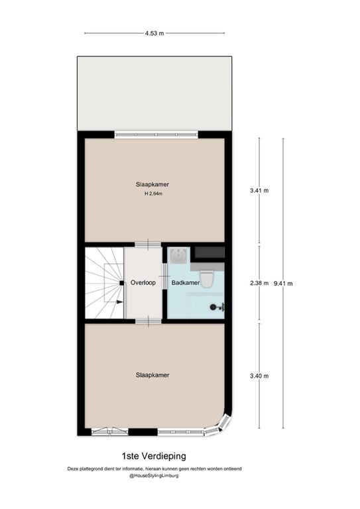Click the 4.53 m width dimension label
154,33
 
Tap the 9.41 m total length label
283,284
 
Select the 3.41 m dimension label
259,191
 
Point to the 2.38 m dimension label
259,283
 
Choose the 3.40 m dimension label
259,376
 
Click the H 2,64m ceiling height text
153,194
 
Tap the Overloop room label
143,282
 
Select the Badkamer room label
186,283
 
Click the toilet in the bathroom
206,279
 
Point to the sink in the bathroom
178,255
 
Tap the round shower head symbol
213,307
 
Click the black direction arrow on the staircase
119,302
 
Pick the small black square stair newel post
121,283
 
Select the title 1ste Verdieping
154,456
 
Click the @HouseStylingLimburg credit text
154,476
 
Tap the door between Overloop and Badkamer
164,276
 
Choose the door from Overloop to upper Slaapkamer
148,244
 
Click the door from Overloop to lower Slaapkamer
149,321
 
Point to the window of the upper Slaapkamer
156,135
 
